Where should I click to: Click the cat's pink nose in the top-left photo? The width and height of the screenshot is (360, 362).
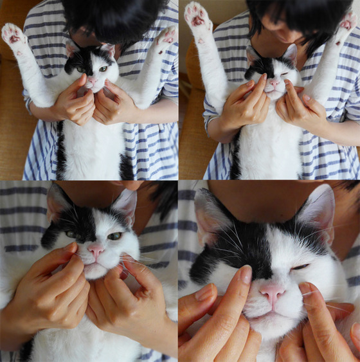click(x=91, y=82)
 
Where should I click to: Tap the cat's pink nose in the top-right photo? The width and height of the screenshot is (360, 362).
click(x=274, y=82)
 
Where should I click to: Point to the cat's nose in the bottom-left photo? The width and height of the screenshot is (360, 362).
click(x=95, y=249)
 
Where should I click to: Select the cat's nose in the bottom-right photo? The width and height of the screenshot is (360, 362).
click(x=272, y=293)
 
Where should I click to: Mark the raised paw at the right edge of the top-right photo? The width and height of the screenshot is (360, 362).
click(x=348, y=22)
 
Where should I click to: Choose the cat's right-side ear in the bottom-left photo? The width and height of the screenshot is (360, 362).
click(x=125, y=204)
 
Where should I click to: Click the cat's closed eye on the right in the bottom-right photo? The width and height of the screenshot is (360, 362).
click(x=301, y=266)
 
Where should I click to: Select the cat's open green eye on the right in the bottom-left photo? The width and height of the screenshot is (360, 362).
click(x=114, y=236)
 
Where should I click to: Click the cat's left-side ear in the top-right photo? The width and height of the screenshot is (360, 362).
click(x=252, y=54)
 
